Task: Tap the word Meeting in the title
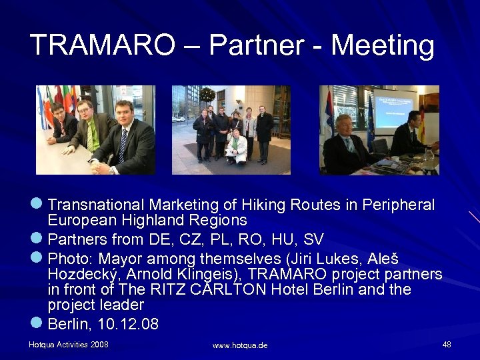(x=383, y=45)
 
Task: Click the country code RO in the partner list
(x=267, y=239)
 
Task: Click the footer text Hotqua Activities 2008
(x=69, y=344)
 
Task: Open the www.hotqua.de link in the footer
(x=240, y=345)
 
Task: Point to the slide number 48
(x=447, y=344)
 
